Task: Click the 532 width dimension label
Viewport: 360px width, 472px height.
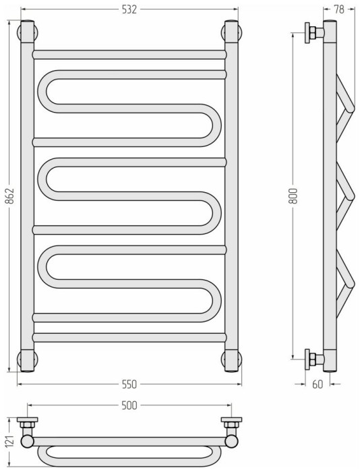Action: pos(129,9)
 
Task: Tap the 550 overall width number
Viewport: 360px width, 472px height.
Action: pos(129,384)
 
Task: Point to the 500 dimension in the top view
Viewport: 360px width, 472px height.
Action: pos(129,405)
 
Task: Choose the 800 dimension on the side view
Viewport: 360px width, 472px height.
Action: pos(293,196)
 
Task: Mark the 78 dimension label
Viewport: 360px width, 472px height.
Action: pos(339,9)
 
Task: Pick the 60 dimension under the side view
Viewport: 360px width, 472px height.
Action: pos(318,384)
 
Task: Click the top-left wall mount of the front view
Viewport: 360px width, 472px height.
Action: pos(28,32)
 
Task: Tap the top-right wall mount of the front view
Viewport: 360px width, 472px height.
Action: pos(232,32)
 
